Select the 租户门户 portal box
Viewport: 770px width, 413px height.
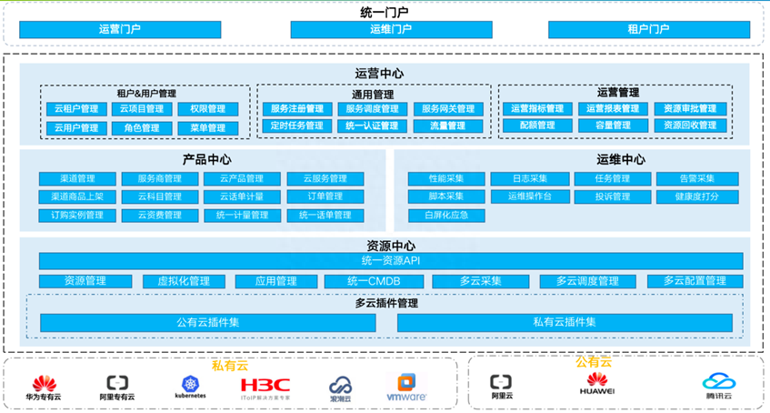648,29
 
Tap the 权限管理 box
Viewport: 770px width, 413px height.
208,109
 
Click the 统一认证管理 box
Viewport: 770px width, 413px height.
371,126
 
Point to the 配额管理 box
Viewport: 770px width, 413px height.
536,126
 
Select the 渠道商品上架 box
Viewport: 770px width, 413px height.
77,196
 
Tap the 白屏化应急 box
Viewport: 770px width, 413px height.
445,216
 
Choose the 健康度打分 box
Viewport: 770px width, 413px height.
697,196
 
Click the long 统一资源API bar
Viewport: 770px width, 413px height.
391,261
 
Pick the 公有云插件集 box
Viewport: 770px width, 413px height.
208,323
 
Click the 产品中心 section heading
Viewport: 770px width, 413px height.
206,160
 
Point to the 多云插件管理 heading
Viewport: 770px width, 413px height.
386,303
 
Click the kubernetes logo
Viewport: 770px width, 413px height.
190,388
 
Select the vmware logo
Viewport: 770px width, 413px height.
406,388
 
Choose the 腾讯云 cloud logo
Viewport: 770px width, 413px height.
717,387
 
